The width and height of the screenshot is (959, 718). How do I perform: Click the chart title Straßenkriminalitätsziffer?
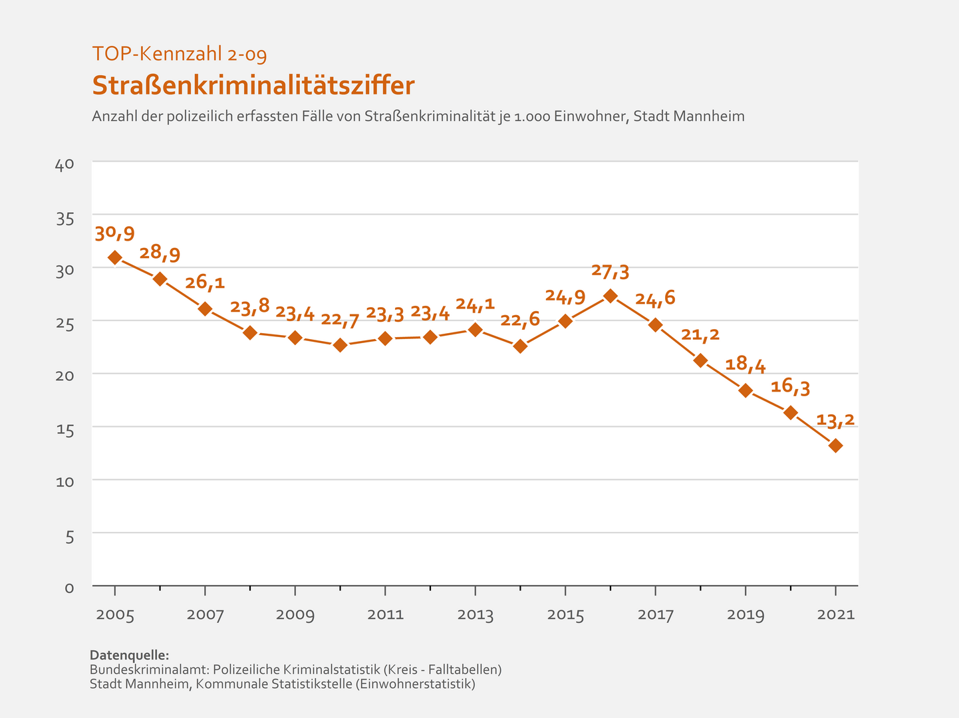tap(253, 86)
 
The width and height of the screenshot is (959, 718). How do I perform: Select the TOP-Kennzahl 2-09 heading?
tap(180, 54)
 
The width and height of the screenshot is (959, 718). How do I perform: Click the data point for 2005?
tap(115, 257)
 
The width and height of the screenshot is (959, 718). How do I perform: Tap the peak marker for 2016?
tap(611, 296)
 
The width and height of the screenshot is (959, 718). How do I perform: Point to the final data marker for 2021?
tap(835, 445)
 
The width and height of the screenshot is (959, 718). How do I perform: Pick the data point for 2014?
tap(520, 346)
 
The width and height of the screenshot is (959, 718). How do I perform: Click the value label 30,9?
tap(115, 233)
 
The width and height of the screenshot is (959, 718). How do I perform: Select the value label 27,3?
tap(611, 271)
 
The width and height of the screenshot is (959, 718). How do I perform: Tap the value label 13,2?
tap(835, 420)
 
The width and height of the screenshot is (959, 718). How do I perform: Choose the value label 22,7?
tap(341, 320)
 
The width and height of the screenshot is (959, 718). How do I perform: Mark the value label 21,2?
tap(700, 334)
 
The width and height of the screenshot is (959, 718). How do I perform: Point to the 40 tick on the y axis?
tap(65, 164)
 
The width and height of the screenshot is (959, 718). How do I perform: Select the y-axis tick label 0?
tap(69, 588)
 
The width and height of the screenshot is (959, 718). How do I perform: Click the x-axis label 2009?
tap(295, 614)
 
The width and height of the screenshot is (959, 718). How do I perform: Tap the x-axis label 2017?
tap(656, 614)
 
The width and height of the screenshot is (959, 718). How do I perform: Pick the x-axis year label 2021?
tap(835, 614)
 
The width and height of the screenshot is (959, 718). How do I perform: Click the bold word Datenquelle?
tap(130, 655)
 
